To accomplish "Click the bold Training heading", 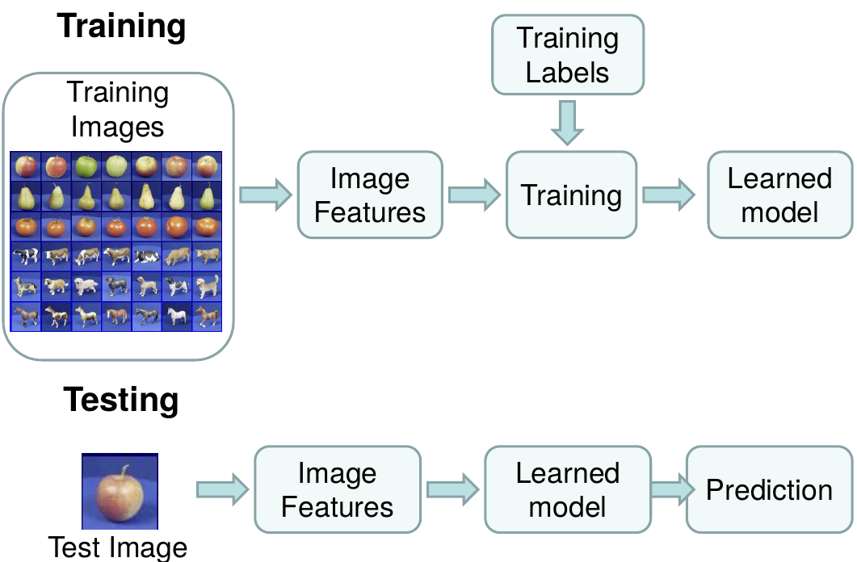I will [x=121, y=27].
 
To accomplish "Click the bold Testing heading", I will [x=121, y=400].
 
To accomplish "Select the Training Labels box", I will [x=568, y=55].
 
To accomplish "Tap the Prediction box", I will [x=769, y=490].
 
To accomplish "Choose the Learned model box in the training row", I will [x=779, y=195].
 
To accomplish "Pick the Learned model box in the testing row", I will [x=567, y=490].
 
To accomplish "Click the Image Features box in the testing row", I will [x=338, y=490].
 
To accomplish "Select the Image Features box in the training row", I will [x=370, y=195].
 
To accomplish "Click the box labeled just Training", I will [x=571, y=195].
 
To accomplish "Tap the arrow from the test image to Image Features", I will [x=222, y=489].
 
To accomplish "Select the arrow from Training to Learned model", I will [x=668, y=195].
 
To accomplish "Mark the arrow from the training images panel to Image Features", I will [x=265, y=195].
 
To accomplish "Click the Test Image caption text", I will [x=118, y=547].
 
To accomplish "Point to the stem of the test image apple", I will [x=124, y=472].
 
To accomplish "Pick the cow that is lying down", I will [x=146, y=256].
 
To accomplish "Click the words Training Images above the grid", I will [x=118, y=110].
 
